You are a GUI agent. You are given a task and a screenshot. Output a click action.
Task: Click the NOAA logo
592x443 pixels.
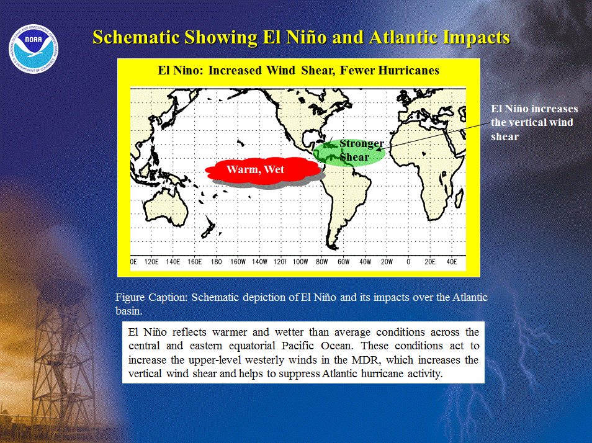pos(34,49)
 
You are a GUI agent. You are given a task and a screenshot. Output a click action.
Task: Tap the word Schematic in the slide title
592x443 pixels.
pos(136,37)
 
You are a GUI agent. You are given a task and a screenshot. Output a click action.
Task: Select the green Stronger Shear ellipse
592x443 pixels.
pos(349,152)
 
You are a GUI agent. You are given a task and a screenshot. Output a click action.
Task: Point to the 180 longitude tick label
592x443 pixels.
pos(217,262)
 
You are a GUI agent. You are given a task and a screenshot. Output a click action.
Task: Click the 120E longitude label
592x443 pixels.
pos(151,262)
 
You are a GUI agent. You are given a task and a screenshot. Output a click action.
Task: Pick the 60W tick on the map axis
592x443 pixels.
pos(344,262)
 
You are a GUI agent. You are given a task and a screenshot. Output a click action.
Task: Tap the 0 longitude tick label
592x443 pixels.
pos(408,262)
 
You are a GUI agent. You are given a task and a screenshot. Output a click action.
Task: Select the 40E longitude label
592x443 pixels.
pos(452,262)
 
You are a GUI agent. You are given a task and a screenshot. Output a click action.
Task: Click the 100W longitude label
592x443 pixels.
pos(300,262)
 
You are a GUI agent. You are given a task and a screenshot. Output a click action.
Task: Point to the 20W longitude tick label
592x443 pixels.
pos(387,262)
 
